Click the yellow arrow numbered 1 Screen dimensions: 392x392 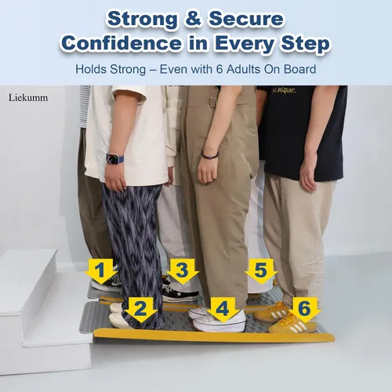(100, 271)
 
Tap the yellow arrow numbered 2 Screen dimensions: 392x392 (140, 310)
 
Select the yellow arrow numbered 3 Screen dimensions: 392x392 (182, 271)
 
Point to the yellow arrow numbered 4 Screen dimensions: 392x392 (223, 310)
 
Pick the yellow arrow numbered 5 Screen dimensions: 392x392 (261, 271)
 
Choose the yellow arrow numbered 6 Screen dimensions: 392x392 (304, 310)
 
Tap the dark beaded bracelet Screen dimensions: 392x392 (209, 155)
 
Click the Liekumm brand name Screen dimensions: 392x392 (28, 98)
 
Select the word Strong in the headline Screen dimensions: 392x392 (143, 19)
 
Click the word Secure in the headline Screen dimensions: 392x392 (246, 19)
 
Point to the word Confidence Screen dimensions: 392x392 (122, 43)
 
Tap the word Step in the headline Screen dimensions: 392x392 (305, 44)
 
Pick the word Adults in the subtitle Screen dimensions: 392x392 (244, 70)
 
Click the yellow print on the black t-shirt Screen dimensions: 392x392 (283, 91)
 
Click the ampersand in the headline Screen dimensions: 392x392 (194, 19)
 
